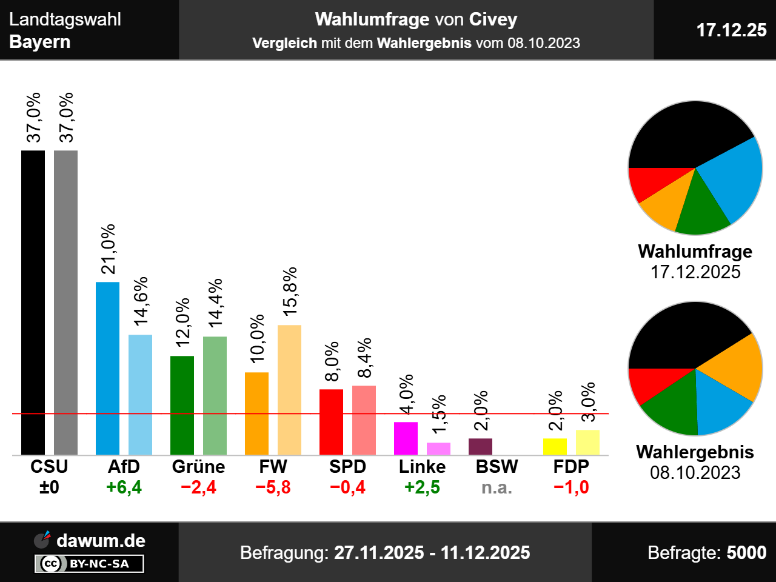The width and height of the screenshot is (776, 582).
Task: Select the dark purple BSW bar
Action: pyautogui.click(x=480, y=446)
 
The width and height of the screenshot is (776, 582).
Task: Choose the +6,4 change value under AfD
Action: pyautogui.click(x=124, y=487)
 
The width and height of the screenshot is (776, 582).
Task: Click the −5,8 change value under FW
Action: pyautogui.click(x=273, y=487)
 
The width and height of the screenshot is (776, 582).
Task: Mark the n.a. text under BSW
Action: pyautogui.click(x=497, y=487)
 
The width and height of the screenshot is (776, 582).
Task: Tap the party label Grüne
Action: pyautogui.click(x=198, y=467)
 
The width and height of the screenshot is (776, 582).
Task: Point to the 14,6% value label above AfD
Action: pyautogui.click(x=141, y=301)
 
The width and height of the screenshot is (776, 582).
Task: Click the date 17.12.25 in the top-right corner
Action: pyautogui.click(x=731, y=30)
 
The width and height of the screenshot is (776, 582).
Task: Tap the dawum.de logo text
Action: pyautogui.click(x=101, y=540)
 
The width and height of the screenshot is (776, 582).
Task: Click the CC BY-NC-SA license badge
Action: pyautogui.click(x=89, y=564)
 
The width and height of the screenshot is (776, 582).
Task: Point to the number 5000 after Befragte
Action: pyautogui.click(x=746, y=552)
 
